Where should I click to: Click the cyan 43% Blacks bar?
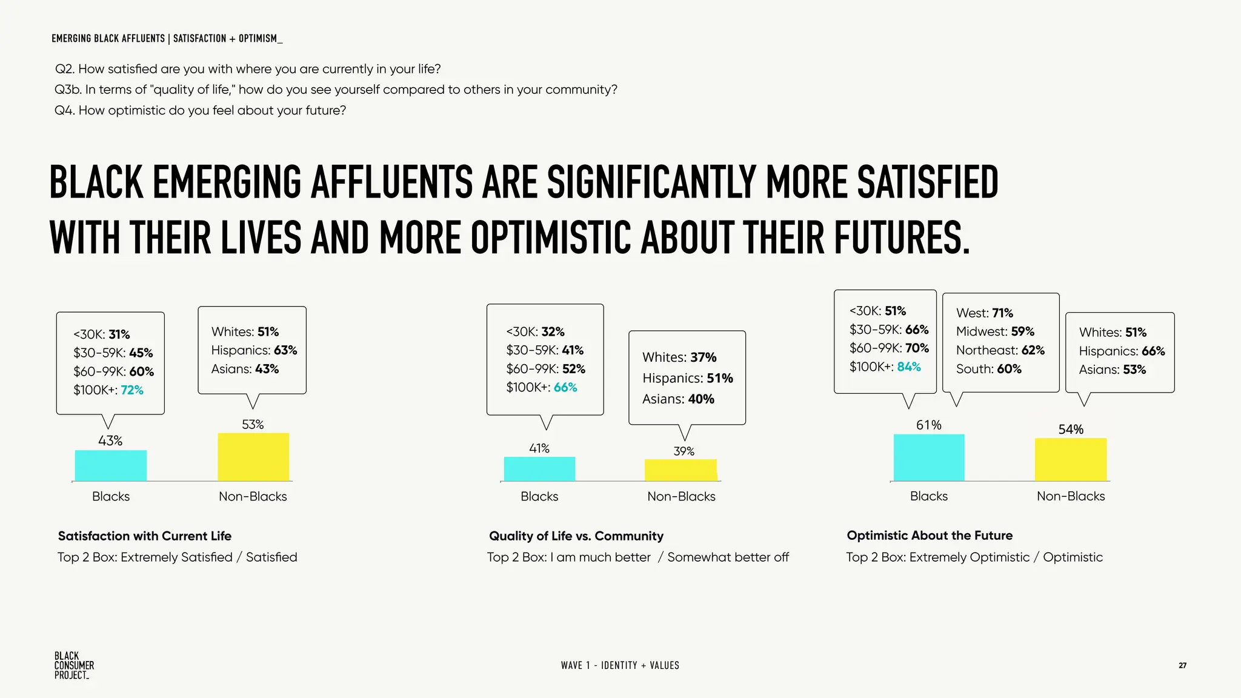pos(110,465)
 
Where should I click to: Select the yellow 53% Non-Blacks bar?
pos(253,457)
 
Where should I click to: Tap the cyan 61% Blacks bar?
pos(928,457)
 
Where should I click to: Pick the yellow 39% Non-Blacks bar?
pos(680,470)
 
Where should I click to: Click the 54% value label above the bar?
pos(1070,430)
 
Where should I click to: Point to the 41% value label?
pos(539,448)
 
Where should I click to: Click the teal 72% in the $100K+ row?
pos(132,390)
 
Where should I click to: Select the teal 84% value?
pos(908,367)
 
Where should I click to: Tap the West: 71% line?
pos(984,313)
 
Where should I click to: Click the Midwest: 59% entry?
pos(995,331)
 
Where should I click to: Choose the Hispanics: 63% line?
pos(254,350)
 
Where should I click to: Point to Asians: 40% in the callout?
pos(678,399)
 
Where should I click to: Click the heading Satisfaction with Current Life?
pos(144,536)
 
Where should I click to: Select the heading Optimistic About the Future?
pos(929,536)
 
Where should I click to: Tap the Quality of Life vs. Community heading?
pos(576,536)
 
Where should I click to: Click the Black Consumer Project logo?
pos(73,665)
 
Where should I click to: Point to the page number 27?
pos(1182,665)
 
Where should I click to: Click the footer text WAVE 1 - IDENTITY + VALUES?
pos(619,665)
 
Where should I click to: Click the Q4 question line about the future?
pos(200,110)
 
